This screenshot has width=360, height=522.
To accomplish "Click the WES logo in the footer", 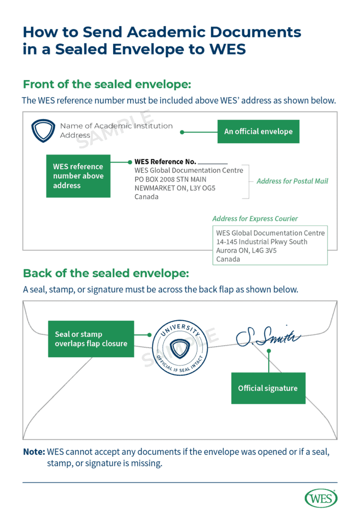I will (321, 498).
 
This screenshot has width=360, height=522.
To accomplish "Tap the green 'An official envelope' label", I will (258, 132).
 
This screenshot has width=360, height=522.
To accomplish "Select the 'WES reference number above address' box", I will (78, 176).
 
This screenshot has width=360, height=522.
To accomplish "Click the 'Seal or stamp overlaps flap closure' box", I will (91, 339).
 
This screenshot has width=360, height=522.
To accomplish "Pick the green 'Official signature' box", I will (268, 388).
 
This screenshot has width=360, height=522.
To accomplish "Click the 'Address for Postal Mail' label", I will (292, 181).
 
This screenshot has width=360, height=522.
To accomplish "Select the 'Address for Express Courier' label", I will (255, 219).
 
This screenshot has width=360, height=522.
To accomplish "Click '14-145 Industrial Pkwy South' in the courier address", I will (262, 242).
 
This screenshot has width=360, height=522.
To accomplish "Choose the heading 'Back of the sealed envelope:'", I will (106, 273).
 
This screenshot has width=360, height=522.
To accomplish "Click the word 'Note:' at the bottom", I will (34, 452).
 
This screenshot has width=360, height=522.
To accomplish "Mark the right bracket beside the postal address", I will (247, 181).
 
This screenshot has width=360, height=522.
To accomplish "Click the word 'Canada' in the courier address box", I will (228, 259).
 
